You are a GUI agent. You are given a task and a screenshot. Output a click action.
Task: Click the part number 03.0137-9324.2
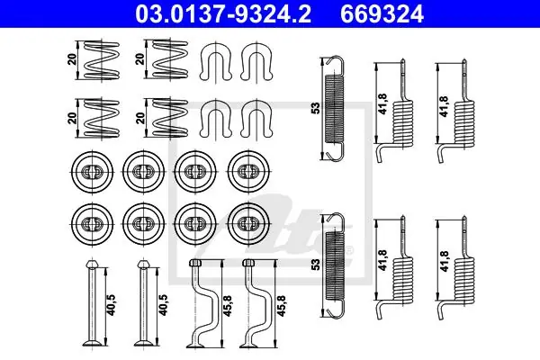(223, 14)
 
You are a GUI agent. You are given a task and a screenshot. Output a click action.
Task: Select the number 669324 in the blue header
(382, 14)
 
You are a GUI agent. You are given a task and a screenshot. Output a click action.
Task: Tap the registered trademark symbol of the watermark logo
(349, 250)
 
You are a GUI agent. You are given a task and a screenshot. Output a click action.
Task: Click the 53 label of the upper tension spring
(316, 108)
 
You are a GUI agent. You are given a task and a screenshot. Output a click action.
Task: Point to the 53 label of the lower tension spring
(316, 265)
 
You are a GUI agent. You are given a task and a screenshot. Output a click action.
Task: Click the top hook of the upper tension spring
(335, 65)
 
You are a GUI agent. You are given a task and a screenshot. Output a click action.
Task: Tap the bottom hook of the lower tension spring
(335, 309)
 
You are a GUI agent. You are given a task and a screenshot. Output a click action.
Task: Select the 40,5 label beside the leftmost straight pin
(112, 305)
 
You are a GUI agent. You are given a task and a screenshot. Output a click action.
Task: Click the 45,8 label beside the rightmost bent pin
(282, 306)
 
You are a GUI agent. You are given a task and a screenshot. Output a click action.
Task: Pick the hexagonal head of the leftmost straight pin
(92, 265)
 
